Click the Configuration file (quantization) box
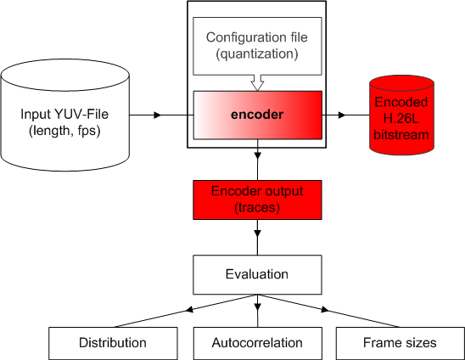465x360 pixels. click(257, 46)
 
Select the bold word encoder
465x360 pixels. click(257, 115)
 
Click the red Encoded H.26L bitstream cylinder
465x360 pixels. click(402, 115)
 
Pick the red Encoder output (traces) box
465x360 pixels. click(257, 200)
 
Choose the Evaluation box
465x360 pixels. click(257, 274)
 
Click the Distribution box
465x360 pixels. click(113, 343)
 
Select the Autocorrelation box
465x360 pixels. click(258, 343)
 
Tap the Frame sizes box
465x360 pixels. click(400, 343)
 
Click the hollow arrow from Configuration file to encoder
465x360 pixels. click(257, 83)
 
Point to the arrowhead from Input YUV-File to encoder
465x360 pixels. click(158, 115)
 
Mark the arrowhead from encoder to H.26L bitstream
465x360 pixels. click(342, 115)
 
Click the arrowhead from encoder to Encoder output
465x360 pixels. click(257, 155)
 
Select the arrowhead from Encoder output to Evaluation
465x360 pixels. click(257, 233)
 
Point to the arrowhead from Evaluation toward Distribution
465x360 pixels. click(189, 310)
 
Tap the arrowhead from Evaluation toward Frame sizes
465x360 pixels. click(325, 310)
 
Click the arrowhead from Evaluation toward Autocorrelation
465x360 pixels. click(257, 307)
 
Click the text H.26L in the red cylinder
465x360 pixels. click(401, 119)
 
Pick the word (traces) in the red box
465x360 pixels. click(257, 207)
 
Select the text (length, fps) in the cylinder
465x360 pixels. click(64, 131)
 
